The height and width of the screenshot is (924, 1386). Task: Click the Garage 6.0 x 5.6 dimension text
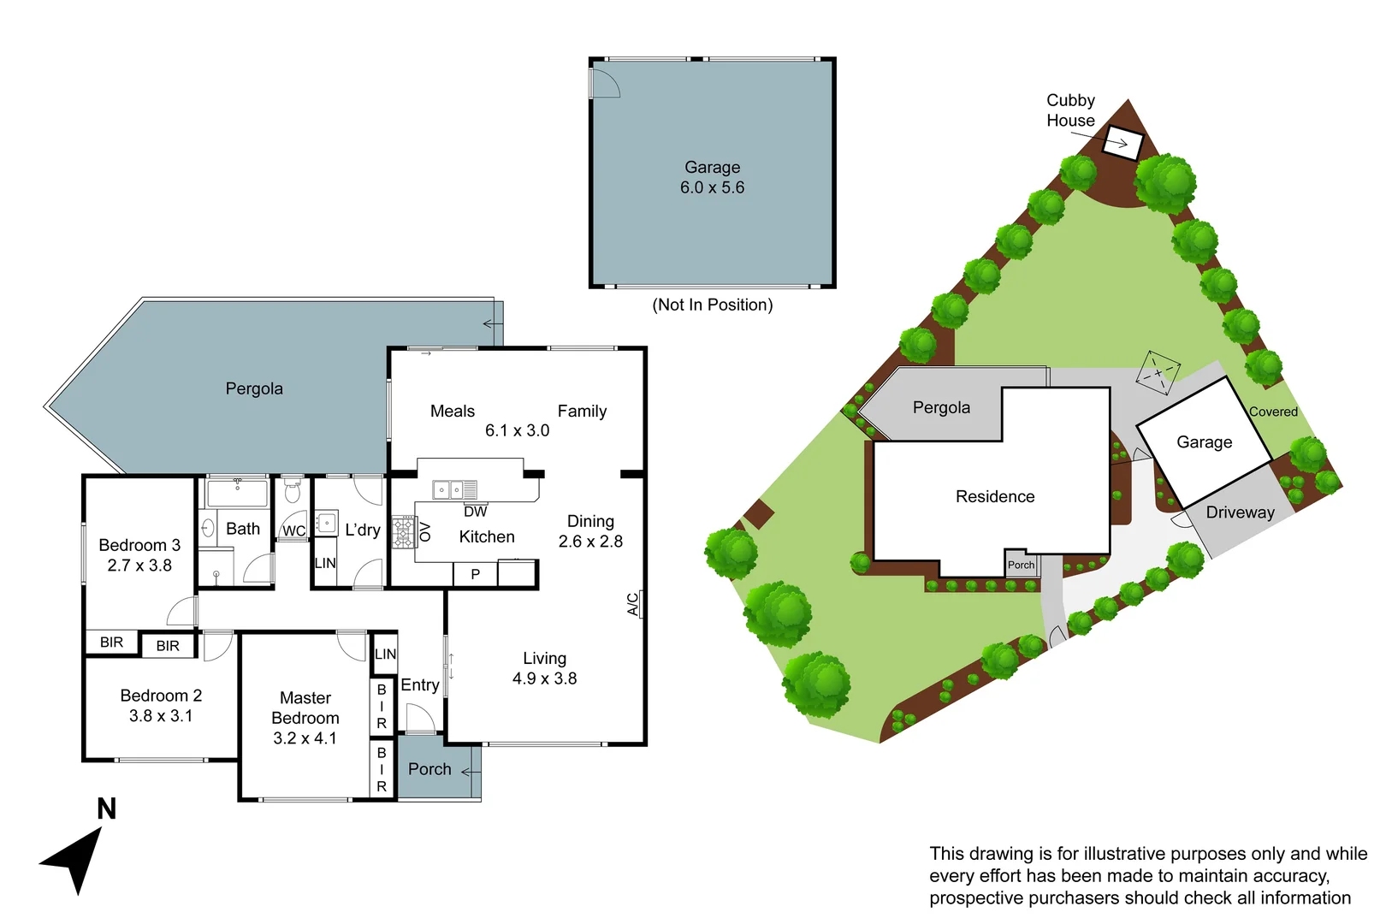pos(712,188)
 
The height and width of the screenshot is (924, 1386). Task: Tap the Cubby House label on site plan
pos(1070,110)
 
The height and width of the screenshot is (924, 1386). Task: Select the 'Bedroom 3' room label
pos(139,545)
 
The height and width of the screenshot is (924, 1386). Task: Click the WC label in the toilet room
pos(293,531)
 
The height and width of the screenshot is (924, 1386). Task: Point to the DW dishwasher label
pos(475,512)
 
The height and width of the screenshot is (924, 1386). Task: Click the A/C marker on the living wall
pos(633,604)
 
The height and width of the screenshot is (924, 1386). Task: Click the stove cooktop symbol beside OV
pos(403,532)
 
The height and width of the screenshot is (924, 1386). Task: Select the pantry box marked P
pos(475,574)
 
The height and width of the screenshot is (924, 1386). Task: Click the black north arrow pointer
pos(75,860)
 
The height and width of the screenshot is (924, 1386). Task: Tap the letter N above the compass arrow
pos(106,809)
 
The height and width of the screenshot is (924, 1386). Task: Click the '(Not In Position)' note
pos(712,305)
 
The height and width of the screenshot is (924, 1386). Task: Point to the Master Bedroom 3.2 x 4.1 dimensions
pos(305,738)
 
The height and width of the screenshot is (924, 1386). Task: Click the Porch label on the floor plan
pos(429,769)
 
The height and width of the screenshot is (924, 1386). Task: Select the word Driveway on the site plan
pos(1240,512)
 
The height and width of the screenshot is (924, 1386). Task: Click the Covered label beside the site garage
pos(1273,412)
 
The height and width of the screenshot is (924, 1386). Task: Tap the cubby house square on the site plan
pos(1122,142)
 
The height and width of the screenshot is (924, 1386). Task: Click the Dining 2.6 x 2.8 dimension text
pos(590,542)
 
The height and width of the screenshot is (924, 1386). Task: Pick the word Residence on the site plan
pos(994,497)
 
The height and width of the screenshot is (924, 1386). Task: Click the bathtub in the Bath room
pos(237,494)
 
